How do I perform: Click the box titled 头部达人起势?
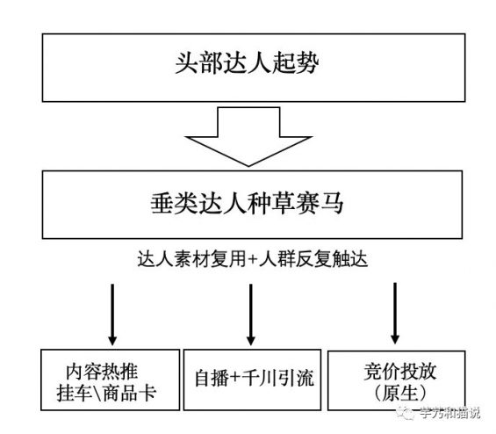(248, 67)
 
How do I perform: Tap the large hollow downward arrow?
(249, 138)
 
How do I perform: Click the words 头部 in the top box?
(193, 67)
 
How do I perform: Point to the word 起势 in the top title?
(303, 67)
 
